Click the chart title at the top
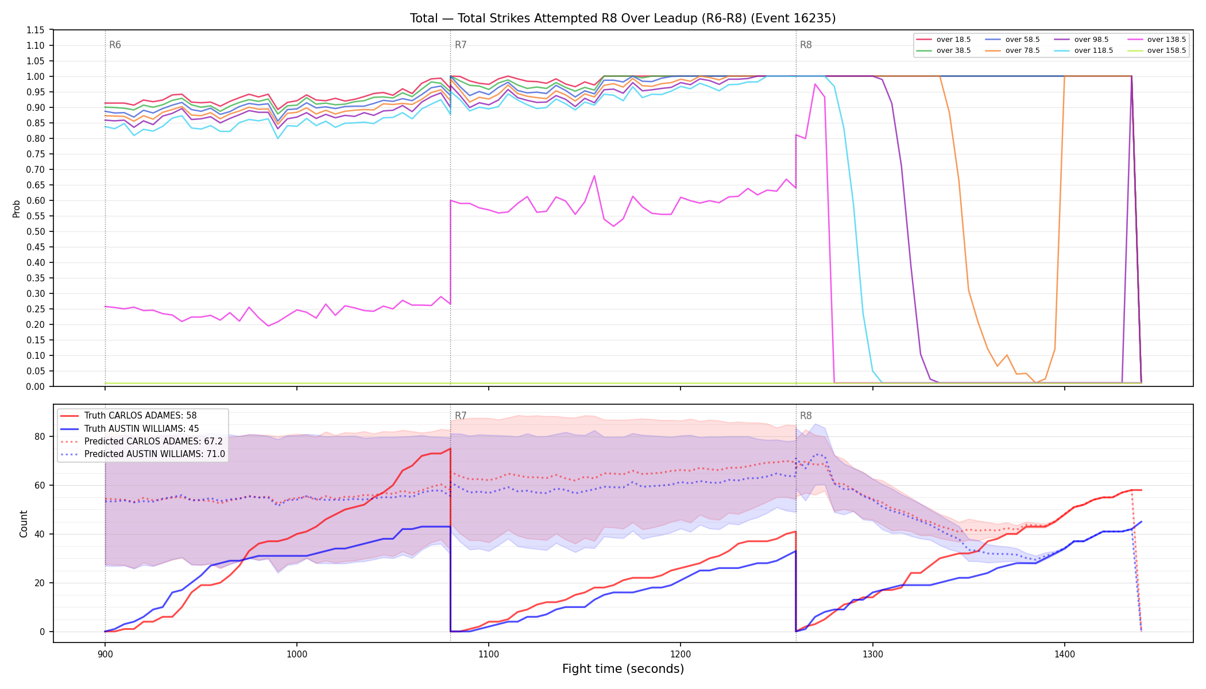click(623, 18)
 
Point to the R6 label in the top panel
click(115, 45)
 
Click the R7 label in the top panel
click(461, 45)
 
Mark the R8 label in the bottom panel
click(806, 416)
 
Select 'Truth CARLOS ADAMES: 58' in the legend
click(140, 416)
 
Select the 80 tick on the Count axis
click(40, 436)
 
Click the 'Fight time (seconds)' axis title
click(623, 669)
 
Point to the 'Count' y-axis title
click(24, 524)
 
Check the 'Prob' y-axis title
click(17, 208)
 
